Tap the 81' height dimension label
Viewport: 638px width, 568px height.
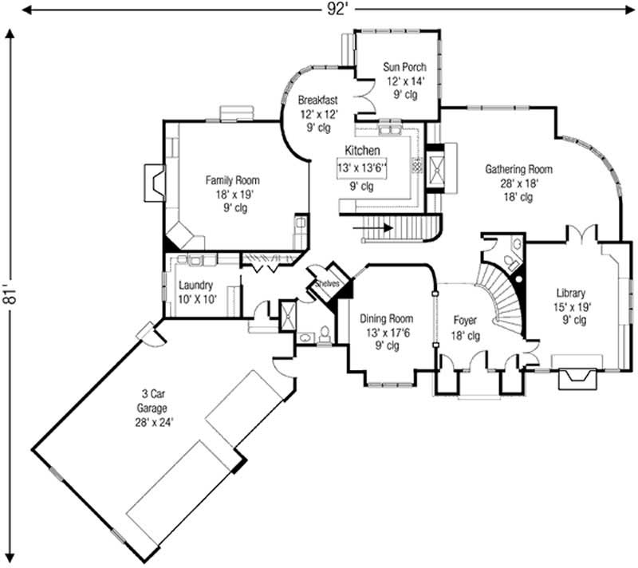tap(10, 297)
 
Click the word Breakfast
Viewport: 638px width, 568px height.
tap(318, 101)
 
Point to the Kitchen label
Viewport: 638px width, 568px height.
tap(361, 150)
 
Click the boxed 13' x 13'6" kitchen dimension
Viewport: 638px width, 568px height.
tap(361, 168)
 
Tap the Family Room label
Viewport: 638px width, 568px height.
tap(231, 180)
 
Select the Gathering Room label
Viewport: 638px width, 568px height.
tap(518, 169)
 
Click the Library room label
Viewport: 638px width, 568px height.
tap(570, 293)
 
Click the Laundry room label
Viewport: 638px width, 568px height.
tap(195, 285)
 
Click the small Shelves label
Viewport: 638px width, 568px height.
tap(327, 283)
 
